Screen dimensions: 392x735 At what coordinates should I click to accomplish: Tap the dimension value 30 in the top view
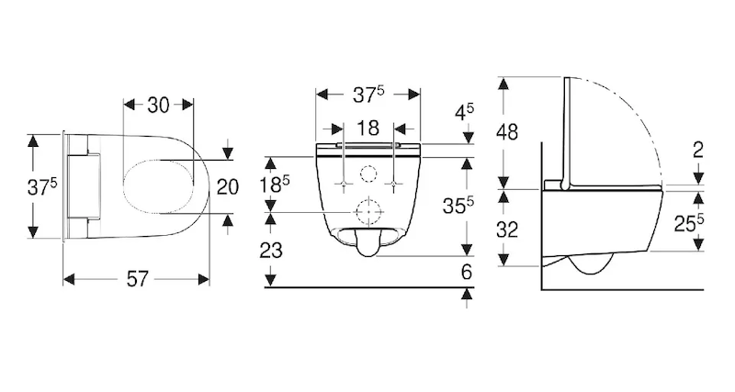pyautogui.click(x=158, y=106)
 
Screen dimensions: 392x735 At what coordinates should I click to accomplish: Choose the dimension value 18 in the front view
pyautogui.click(x=367, y=128)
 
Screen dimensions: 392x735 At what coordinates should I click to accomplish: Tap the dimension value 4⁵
pyautogui.click(x=463, y=112)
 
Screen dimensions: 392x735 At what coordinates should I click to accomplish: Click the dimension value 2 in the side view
pyautogui.click(x=698, y=151)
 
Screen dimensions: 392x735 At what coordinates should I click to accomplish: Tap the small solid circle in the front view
pyautogui.click(x=367, y=174)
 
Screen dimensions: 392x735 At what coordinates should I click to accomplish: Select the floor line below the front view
pyautogui.click(x=367, y=287)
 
